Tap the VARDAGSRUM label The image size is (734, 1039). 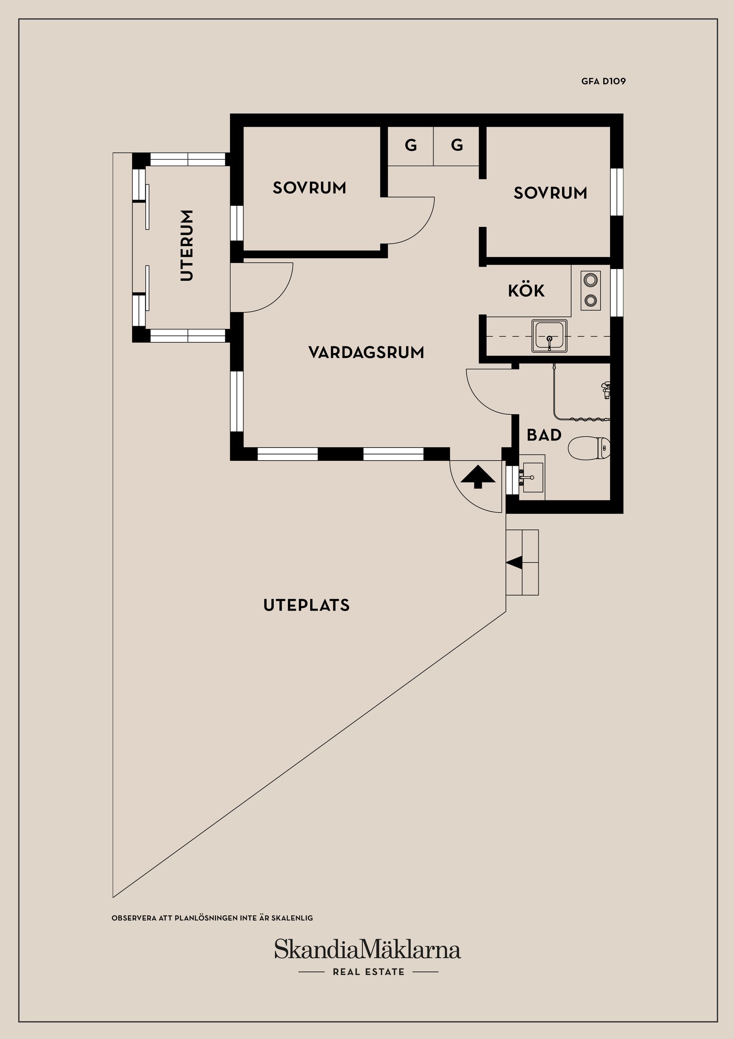(366, 353)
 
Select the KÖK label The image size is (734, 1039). (526, 290)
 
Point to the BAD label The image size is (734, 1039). (544, 435)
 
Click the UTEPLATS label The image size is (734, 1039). (307, 605)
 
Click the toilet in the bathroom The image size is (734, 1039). (589, 448)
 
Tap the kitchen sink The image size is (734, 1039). (549, 336)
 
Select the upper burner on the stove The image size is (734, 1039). (590, 279)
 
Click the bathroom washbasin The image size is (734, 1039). (531, 477)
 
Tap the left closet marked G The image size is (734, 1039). (411, 146)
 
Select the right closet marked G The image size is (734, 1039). (456, 146)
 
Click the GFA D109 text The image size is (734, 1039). (603, 81)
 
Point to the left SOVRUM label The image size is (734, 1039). (309, 188)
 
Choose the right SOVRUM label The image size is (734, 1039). (550, 193)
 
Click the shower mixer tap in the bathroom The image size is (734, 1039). (605, 389)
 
